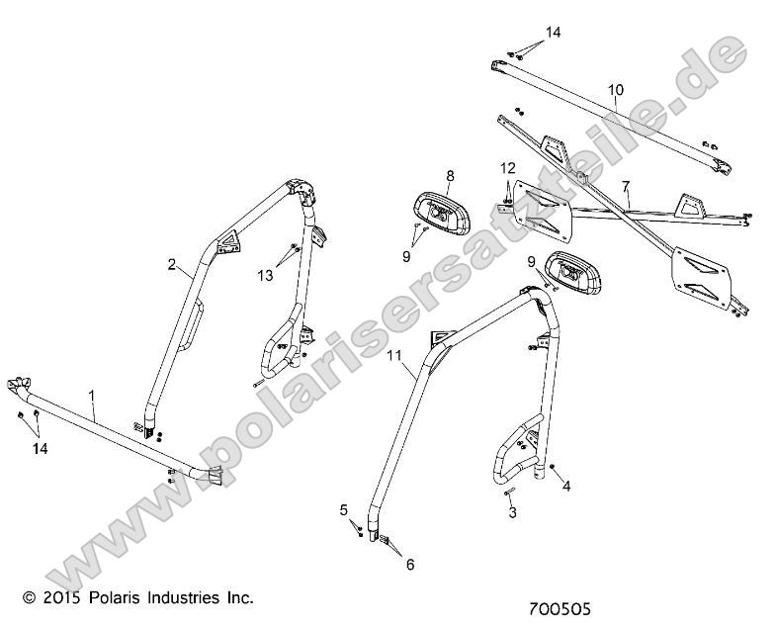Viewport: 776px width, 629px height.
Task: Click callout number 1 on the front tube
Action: [93, 396]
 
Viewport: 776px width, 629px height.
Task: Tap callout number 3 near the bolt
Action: [512, 513]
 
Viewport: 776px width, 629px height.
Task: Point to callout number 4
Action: [567, 486]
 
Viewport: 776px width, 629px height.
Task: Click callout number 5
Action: [344, 510]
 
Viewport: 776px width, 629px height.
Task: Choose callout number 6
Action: [409, 565]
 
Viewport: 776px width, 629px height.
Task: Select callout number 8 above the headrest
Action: [450, 176]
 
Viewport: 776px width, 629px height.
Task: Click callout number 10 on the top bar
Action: [615, 90]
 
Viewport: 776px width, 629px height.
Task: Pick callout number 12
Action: [507, 167]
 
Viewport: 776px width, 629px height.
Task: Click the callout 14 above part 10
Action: [553, 33]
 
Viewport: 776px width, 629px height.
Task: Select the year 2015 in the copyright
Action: [58, 597]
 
